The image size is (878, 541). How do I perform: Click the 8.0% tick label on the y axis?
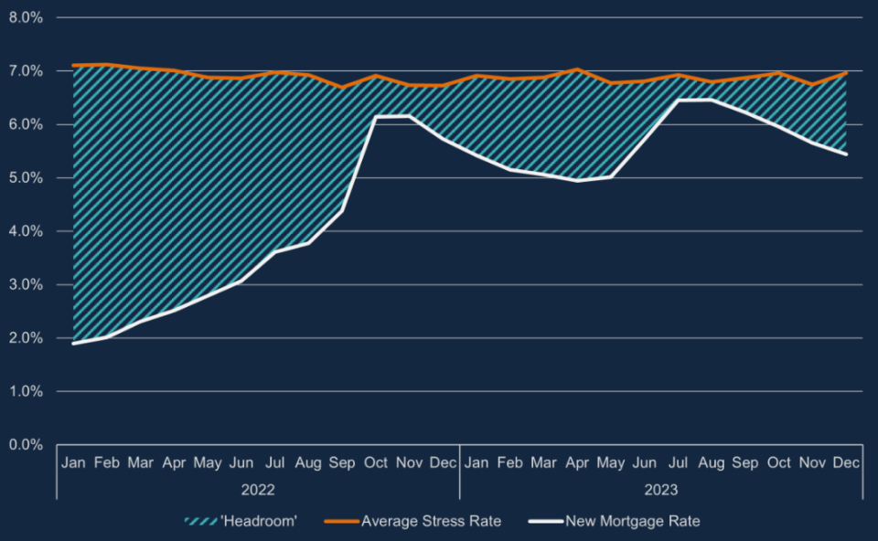coord(26,18)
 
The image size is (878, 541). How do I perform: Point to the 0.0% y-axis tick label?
coord(26,445)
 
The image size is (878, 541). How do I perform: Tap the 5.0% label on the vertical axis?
coord(26,178)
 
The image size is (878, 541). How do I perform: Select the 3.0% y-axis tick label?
coord(26,285)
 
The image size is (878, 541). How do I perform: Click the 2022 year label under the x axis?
coord(258,490)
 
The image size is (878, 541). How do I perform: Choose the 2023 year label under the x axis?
coord(660,490)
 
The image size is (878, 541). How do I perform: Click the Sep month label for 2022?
coord(341,463)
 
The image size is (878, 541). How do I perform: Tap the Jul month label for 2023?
coord(678,462)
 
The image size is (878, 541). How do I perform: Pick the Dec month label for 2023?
coord(846,462)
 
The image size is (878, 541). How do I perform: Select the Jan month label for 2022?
coord(73,462)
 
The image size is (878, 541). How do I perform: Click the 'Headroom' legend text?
coord(259,522)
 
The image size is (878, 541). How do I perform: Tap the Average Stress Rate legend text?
coord(431,522)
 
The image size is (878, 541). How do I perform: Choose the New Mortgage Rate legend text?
coord(633,522)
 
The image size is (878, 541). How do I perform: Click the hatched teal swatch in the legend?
coord(200,522)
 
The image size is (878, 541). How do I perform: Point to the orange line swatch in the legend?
coord(341,522)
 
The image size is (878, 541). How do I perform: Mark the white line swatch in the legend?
coord(545,522)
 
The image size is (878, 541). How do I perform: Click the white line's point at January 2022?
coord(73,343)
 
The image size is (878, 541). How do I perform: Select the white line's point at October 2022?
coord(375,117)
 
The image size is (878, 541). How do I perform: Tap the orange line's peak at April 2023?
coord(577,69)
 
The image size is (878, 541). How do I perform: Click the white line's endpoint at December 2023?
coord(846,154)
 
